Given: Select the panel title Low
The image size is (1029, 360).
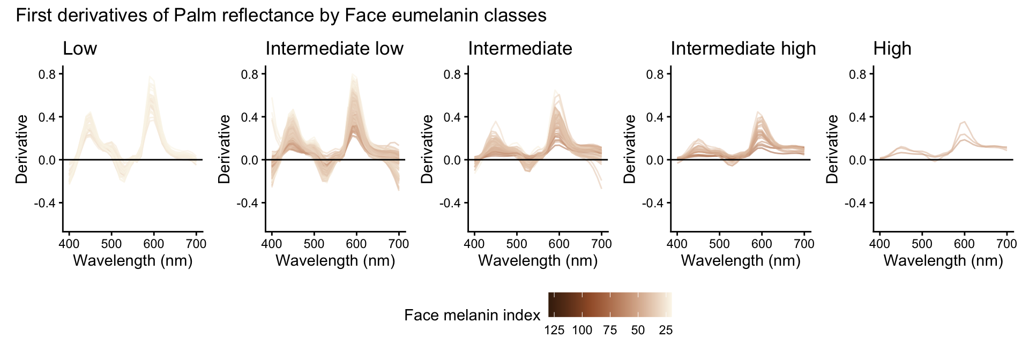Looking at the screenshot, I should pyautogui.click(x=80, y=49).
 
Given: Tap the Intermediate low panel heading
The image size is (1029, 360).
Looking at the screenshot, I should pyautogui.click(x=334, y=49).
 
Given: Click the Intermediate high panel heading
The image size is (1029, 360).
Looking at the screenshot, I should pyautogui.click(x=743, y=49).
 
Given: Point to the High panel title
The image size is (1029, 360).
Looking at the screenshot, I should pyautogui.click(x=892, y=49).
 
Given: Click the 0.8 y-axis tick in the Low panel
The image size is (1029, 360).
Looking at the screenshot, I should pyautogui.click(x=47, y=74).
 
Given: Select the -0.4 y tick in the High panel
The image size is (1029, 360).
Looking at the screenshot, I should pyautogui.click(x=855, y=202).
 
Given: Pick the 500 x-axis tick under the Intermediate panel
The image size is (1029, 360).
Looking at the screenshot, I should pyautogui.click(x=517, y=244).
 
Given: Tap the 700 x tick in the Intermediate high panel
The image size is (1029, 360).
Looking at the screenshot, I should pyautogui.click(x=804, y=244).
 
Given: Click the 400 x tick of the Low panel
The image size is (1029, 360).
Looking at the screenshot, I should pyautogui.click(x=69, y=244).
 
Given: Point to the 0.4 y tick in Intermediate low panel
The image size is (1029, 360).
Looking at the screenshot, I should pyautogui.click(x=249, y=117).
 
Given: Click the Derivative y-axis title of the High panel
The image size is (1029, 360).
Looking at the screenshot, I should pyautogui.click(x=832, y=149).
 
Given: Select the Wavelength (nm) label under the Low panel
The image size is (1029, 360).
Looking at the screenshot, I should pyautogui.click(x=132, y=261).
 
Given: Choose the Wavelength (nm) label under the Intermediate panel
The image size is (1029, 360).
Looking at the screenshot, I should pyautogui.click(x=538, y=261).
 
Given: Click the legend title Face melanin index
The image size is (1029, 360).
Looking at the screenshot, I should pyautogui.click(x=472, y=315).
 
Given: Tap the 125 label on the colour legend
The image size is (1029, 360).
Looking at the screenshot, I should pyautogui.click(x=554, y=331).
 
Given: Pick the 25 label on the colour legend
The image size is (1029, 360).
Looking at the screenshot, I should pyautogui.click(x=666, y=331).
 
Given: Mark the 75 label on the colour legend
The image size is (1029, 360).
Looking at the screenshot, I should pyautogui.click(x=610, y=331).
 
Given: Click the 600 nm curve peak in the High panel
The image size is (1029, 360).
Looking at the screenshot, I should pyautogui.click(x=964, y=122).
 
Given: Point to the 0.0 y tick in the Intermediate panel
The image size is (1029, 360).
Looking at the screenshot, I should pyautogui.click(x=452, y=160).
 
